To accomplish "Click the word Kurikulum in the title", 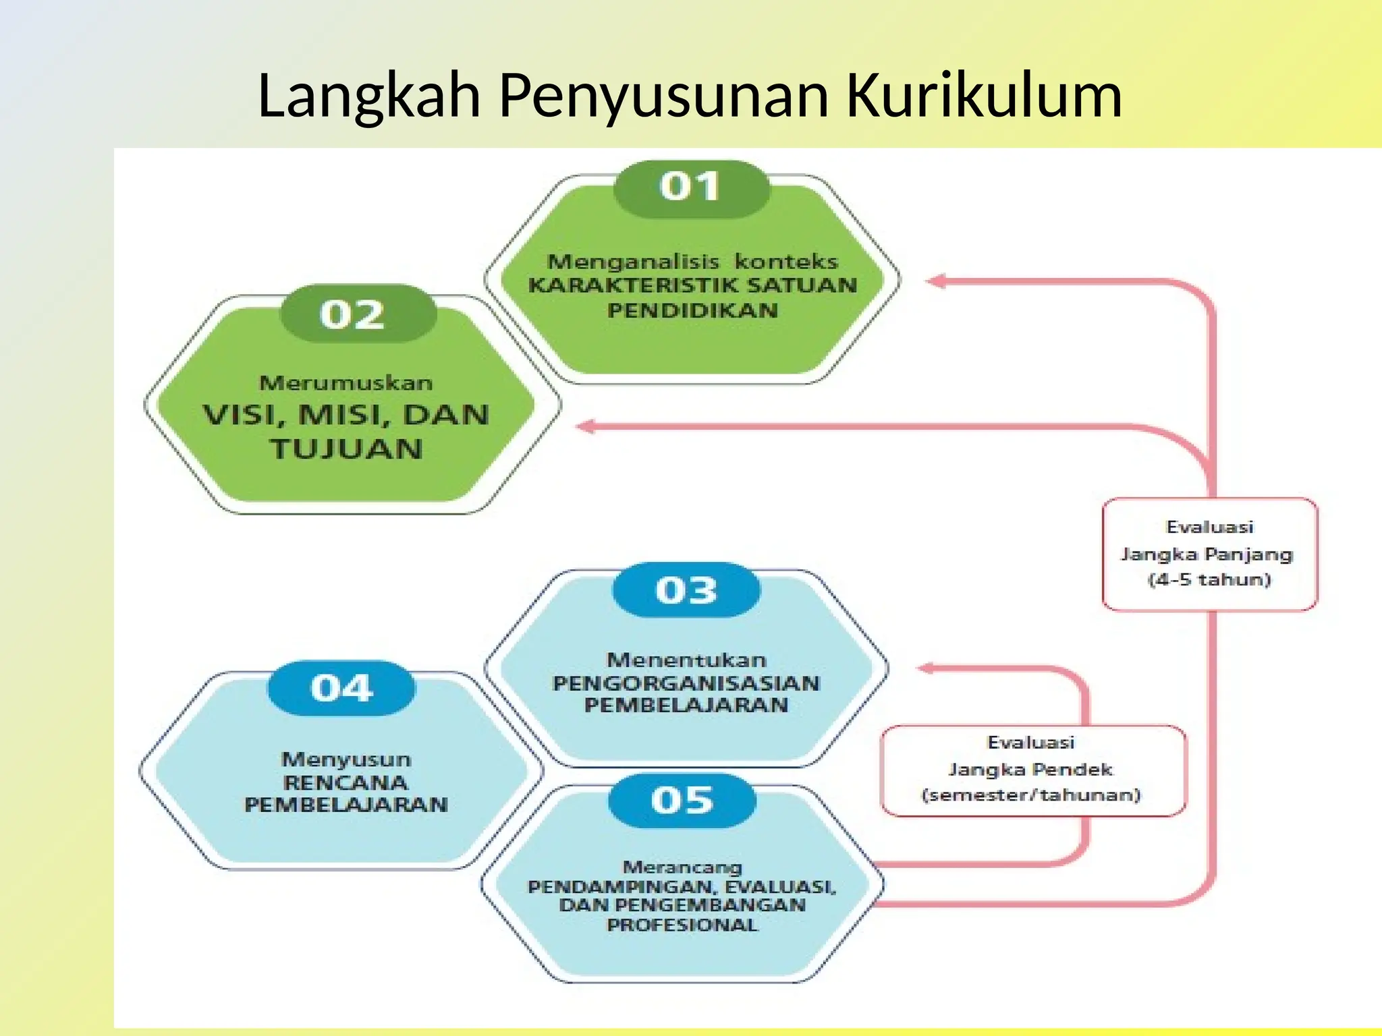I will pyautogui.click(x=984, y=95).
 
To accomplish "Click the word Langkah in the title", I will pyautogui.click(x=369, y=95).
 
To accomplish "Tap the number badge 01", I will pyautogui.click(x=690, y=188).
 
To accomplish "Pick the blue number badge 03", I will pyautogui.click(x=686, y=590).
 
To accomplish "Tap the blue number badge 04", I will pyautogui.click(x=341, y=688).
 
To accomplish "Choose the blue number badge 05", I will pyautogui.click(x=682, y=801).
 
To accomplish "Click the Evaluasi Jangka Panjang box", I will pyautogui.click(x=1209, y=554).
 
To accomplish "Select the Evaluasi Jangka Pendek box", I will pyautogui.click(x=1032, y=770).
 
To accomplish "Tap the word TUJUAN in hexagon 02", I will pyautogui.click(x=347, y=449).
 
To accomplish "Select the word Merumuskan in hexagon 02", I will pyautogui.click(x=346, y=383).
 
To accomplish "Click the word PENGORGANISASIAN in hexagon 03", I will pyautogui.click(x=686, y=683).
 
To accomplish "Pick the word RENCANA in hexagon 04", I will pyautogui.click(x=345, y=783).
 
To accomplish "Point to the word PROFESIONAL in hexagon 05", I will pyautogui.click(x=682, y=925).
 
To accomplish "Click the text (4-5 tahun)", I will pyautogui.click(x=1209, y=579).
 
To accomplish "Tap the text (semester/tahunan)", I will pyautogui.click(x=1031, y=795).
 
